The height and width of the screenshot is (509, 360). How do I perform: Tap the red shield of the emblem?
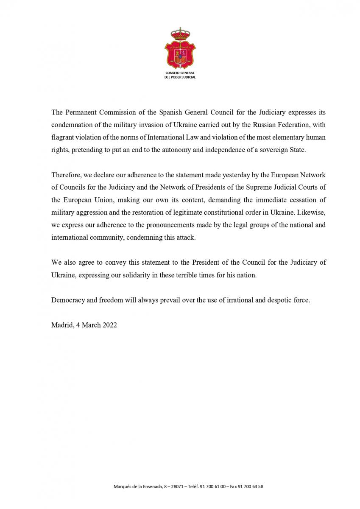click(x=180, y=55)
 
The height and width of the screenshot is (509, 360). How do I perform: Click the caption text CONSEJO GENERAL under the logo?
click(x=180, y=73)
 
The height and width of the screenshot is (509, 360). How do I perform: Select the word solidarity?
click(x=127, y=275)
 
